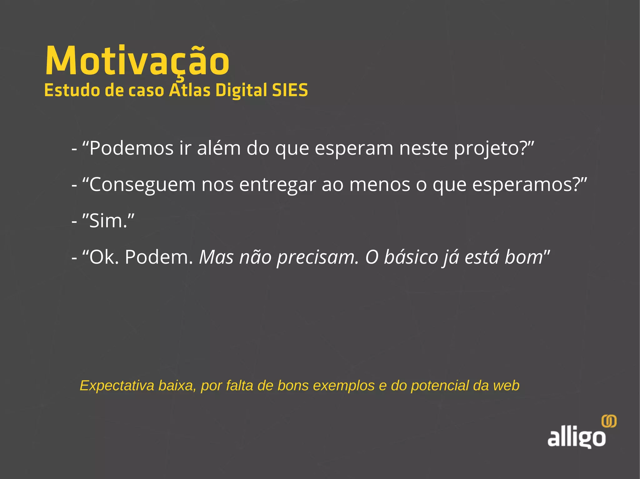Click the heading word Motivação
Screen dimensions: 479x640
pos(137,61)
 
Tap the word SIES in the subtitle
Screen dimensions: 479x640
pos(290,90)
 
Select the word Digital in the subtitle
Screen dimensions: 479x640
pos(241,90)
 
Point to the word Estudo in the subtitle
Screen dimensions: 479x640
pos(72,90)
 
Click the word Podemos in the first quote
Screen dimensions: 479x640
pos(131,148)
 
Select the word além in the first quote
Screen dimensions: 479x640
pos(219,148)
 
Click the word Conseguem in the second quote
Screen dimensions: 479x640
pos(142,185)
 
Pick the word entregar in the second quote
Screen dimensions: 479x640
pos(277,185)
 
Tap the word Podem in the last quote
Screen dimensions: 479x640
pos(159,257)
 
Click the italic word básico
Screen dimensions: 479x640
pos(411,257)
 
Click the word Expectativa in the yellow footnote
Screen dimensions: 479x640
pos(117,386)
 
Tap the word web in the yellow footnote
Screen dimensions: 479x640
pos(506,386)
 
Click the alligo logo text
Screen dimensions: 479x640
pos(576,437)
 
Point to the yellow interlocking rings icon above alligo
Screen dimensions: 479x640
pos(609,421)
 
